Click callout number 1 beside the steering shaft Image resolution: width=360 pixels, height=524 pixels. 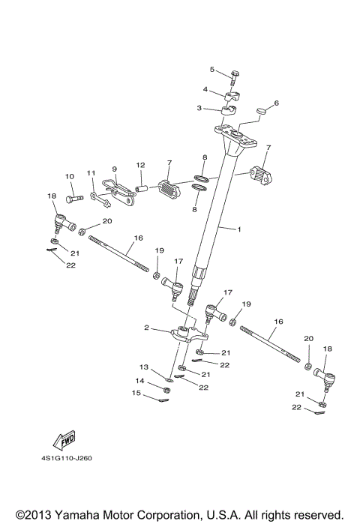pyautogui.click(x=240, y=227)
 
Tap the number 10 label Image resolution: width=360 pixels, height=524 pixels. pyautogui.click(x=69, y=176)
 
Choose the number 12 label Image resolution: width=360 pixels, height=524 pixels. pyautogui.click(x=139, y=165)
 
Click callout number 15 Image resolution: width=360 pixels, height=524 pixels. pyautogui.click(x=136, y=393)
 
